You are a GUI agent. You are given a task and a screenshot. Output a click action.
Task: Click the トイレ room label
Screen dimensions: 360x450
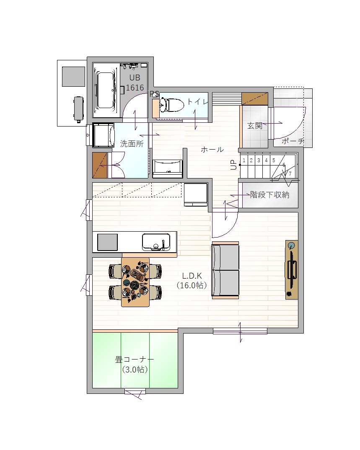click(x=197, y=101)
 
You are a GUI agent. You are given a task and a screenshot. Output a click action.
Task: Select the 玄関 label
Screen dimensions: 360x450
click(x=255, y=126)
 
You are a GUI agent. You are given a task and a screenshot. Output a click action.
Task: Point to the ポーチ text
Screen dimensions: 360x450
click(x=293, y=141)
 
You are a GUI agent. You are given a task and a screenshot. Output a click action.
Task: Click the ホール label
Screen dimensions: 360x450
click(x=212, y=150)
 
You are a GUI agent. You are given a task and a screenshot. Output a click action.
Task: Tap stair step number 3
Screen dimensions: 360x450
click(x=259, y=160)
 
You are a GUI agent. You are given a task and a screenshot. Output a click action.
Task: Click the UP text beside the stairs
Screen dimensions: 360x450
click(x=234, y=165)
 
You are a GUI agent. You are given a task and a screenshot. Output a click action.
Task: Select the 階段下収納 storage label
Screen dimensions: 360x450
click(x=269, y=195)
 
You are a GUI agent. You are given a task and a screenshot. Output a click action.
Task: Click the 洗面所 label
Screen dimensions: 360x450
click(x=132, y=143)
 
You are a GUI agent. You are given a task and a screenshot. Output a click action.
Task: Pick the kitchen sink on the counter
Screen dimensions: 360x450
click(x=156, y=242)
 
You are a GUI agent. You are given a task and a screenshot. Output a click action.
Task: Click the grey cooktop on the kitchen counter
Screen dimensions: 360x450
click(x=107, y=242)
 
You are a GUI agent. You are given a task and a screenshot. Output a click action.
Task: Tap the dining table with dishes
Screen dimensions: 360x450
click(x=135, y=282)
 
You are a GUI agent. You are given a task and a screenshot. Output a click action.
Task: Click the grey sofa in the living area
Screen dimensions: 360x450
click(x=225, y=270)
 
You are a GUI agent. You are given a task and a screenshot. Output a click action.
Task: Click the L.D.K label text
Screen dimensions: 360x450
click(x=192, y=276)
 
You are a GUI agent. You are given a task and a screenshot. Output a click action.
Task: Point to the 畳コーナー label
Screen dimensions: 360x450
click(x=135, y=359)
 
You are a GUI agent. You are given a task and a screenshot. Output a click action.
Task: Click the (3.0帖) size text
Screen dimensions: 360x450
click(x=135, y=370)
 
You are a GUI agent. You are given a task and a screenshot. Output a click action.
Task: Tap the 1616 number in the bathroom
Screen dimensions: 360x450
click(x=135, y=88)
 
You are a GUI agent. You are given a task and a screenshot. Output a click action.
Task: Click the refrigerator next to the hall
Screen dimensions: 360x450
click(x=196, y=194)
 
